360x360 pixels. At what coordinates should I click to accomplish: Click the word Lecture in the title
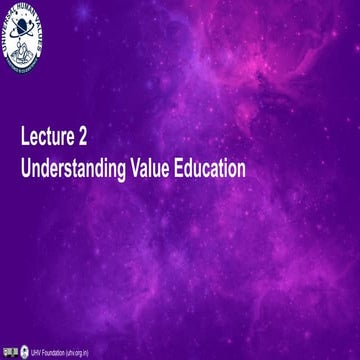click(53, 138)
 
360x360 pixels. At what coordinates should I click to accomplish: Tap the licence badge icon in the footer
click(11, 353)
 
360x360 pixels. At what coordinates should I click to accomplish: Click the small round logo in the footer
click(24, 353)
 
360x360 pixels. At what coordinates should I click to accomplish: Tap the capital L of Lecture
click(25, 138)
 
